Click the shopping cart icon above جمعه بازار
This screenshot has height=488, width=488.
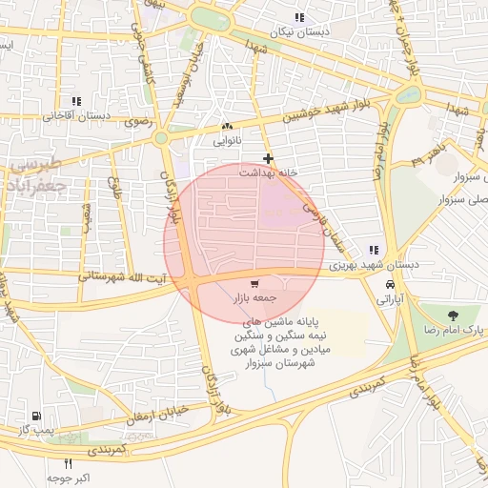click(x=254, y=284)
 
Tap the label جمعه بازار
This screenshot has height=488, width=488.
click(x=254, y=298)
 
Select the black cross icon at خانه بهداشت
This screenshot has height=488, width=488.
click(x=268, y=158)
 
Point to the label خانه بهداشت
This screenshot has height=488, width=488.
click(x=268, y=173)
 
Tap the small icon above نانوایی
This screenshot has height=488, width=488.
click(x=227, y=126)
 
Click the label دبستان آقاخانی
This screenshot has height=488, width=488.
click(x=76, y=115)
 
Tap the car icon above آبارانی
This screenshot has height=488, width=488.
click(x=391, y=284)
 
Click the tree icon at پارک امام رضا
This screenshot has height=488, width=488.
click(x=452, y=315)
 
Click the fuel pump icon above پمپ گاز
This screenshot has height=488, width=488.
click(x=36, y=417)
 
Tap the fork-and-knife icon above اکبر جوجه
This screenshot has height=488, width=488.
click(x=68, y=463)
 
